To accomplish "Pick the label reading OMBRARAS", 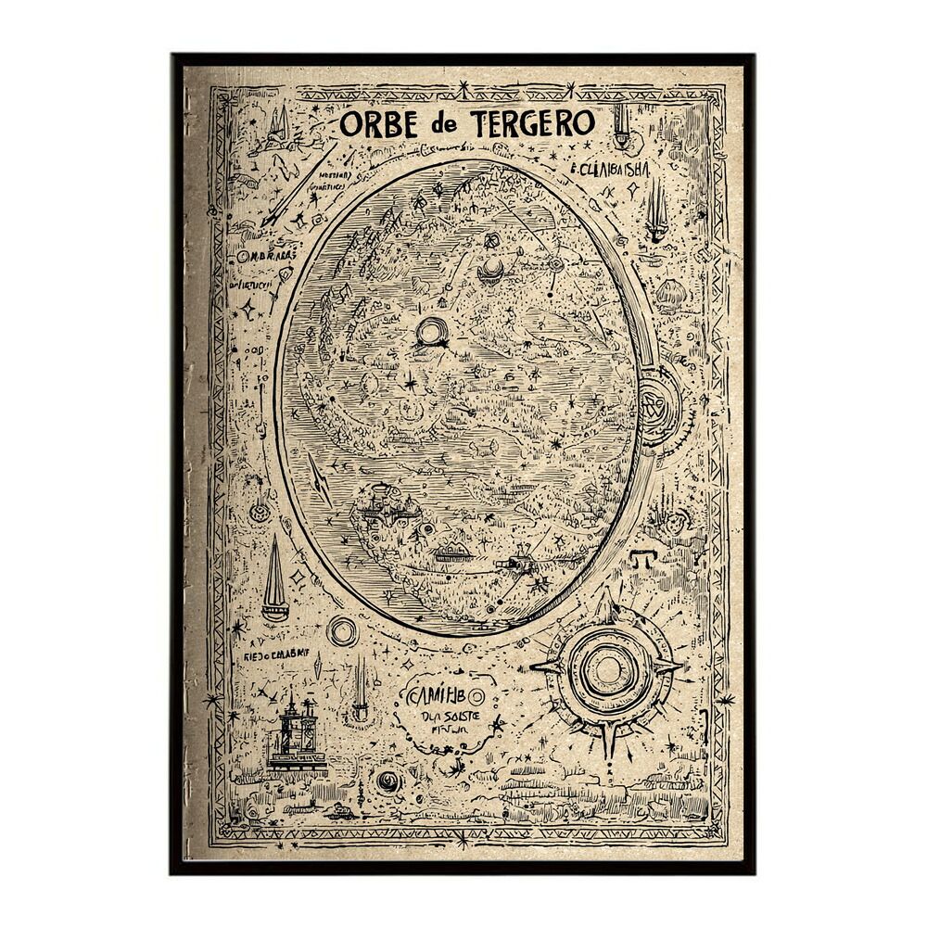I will point(268,256).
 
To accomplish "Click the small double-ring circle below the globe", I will point(342,632).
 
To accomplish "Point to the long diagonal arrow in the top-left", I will point(296,184).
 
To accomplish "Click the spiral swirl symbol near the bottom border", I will point(388,783).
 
